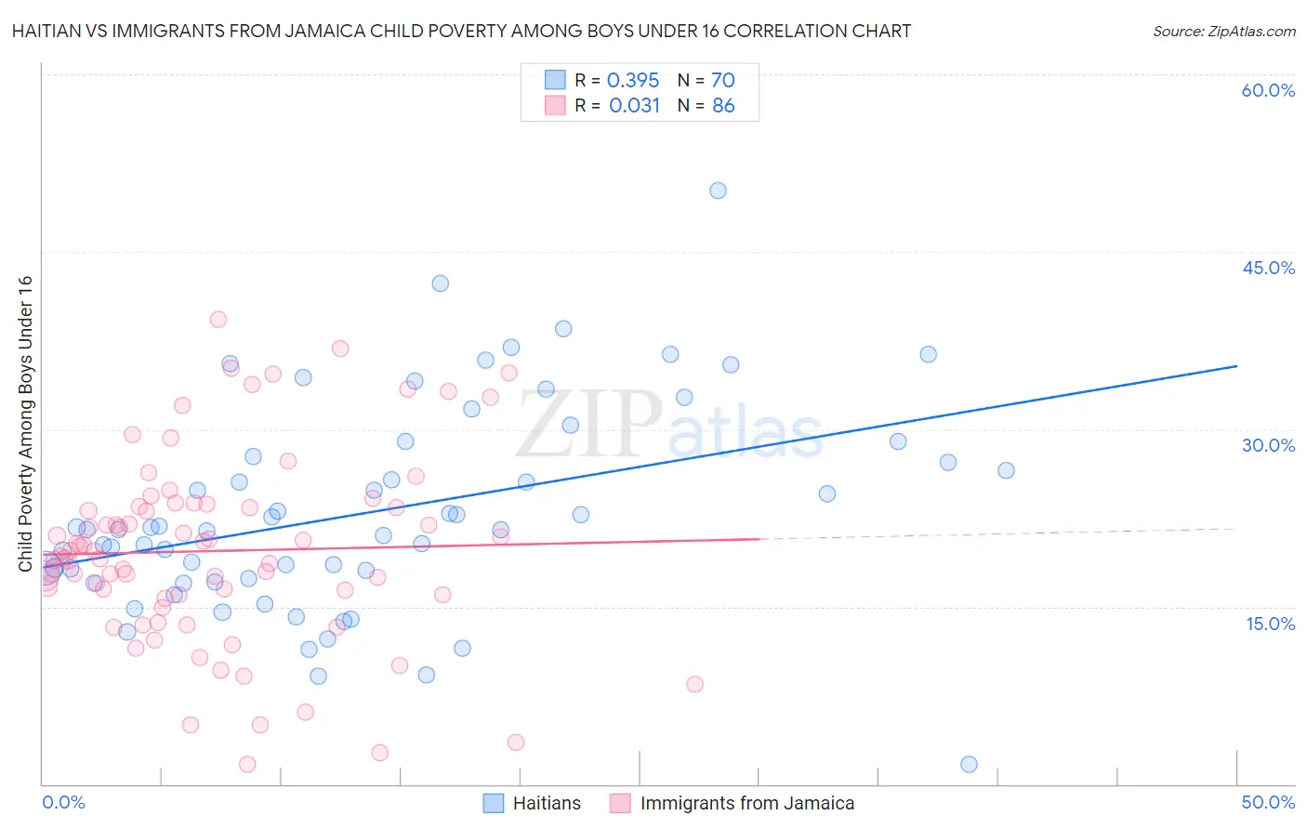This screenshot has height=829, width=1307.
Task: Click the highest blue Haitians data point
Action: click(x=718, y=191)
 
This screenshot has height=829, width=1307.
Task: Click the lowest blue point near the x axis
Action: click(x=969, y=764)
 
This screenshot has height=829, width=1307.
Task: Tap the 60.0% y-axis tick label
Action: click(x=1268, y=90)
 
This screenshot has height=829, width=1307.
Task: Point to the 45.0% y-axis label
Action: click(x=1268, y=268)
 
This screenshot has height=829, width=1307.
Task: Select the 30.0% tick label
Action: click(x=1268, y=445)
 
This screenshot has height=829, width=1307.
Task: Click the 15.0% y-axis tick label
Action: click(x=1270, y=624)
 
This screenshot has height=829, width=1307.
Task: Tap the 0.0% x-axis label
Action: click(x=63, y=802)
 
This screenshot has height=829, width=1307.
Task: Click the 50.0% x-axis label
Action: click(x=1268, y=802)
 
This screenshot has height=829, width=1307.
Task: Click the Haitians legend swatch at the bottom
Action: click(x=494, y=803)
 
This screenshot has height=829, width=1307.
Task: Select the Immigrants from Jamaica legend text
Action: click(x=746, y=803)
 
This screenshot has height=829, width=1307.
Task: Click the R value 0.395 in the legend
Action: click(x=633, y=81)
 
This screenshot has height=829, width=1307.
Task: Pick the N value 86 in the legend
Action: click(x=723, y=106)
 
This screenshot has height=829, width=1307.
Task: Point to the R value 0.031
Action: click(x=634, y=106)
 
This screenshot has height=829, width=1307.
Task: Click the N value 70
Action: click(x=723, y=81)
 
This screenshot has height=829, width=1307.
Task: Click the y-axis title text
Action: click(x=25, y=424)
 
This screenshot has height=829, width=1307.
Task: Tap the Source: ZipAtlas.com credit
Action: click(x=1223, y=31)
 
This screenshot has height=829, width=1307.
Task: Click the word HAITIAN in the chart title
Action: click(x=47, y=31)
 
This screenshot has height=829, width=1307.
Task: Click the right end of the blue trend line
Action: click(x=1236, y=366)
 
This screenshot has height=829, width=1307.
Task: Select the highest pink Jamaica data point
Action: click(x=218, y=320)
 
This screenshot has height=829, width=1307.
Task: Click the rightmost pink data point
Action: click(x=694, y=684)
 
